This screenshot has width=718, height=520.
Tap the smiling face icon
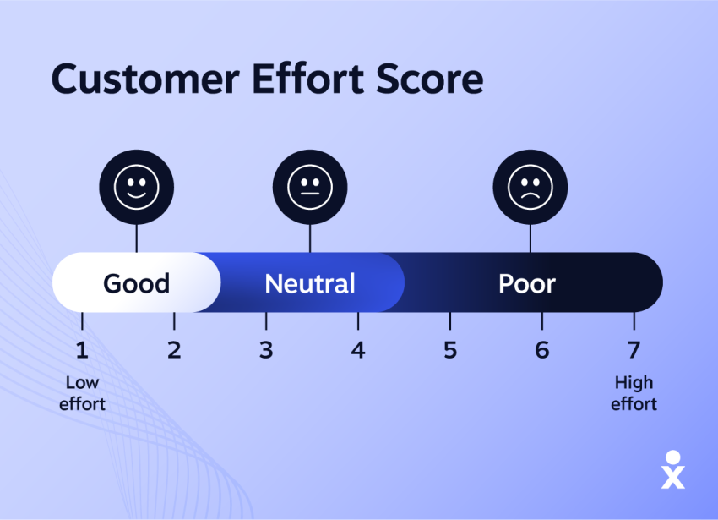(136, 186)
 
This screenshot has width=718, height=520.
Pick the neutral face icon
(310, 186)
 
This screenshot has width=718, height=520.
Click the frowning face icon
(530, 186)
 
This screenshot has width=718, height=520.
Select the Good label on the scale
(136, 283)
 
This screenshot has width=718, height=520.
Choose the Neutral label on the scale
(310, 283)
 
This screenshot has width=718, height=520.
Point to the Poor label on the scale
(527, 283)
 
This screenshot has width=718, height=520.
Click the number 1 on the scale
(82, 349)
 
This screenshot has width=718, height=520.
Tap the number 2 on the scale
(174, 349)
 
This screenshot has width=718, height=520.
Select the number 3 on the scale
(266, 349)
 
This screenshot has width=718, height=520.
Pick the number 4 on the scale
(358, 349)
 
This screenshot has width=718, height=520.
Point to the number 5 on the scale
(450, 349)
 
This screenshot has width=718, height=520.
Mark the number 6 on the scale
(542, 349)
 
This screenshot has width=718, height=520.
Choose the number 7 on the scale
(634, 349)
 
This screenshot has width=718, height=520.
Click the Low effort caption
(82, 393)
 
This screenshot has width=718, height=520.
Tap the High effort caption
(634, 393)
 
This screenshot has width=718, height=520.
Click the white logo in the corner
(673, 469)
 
